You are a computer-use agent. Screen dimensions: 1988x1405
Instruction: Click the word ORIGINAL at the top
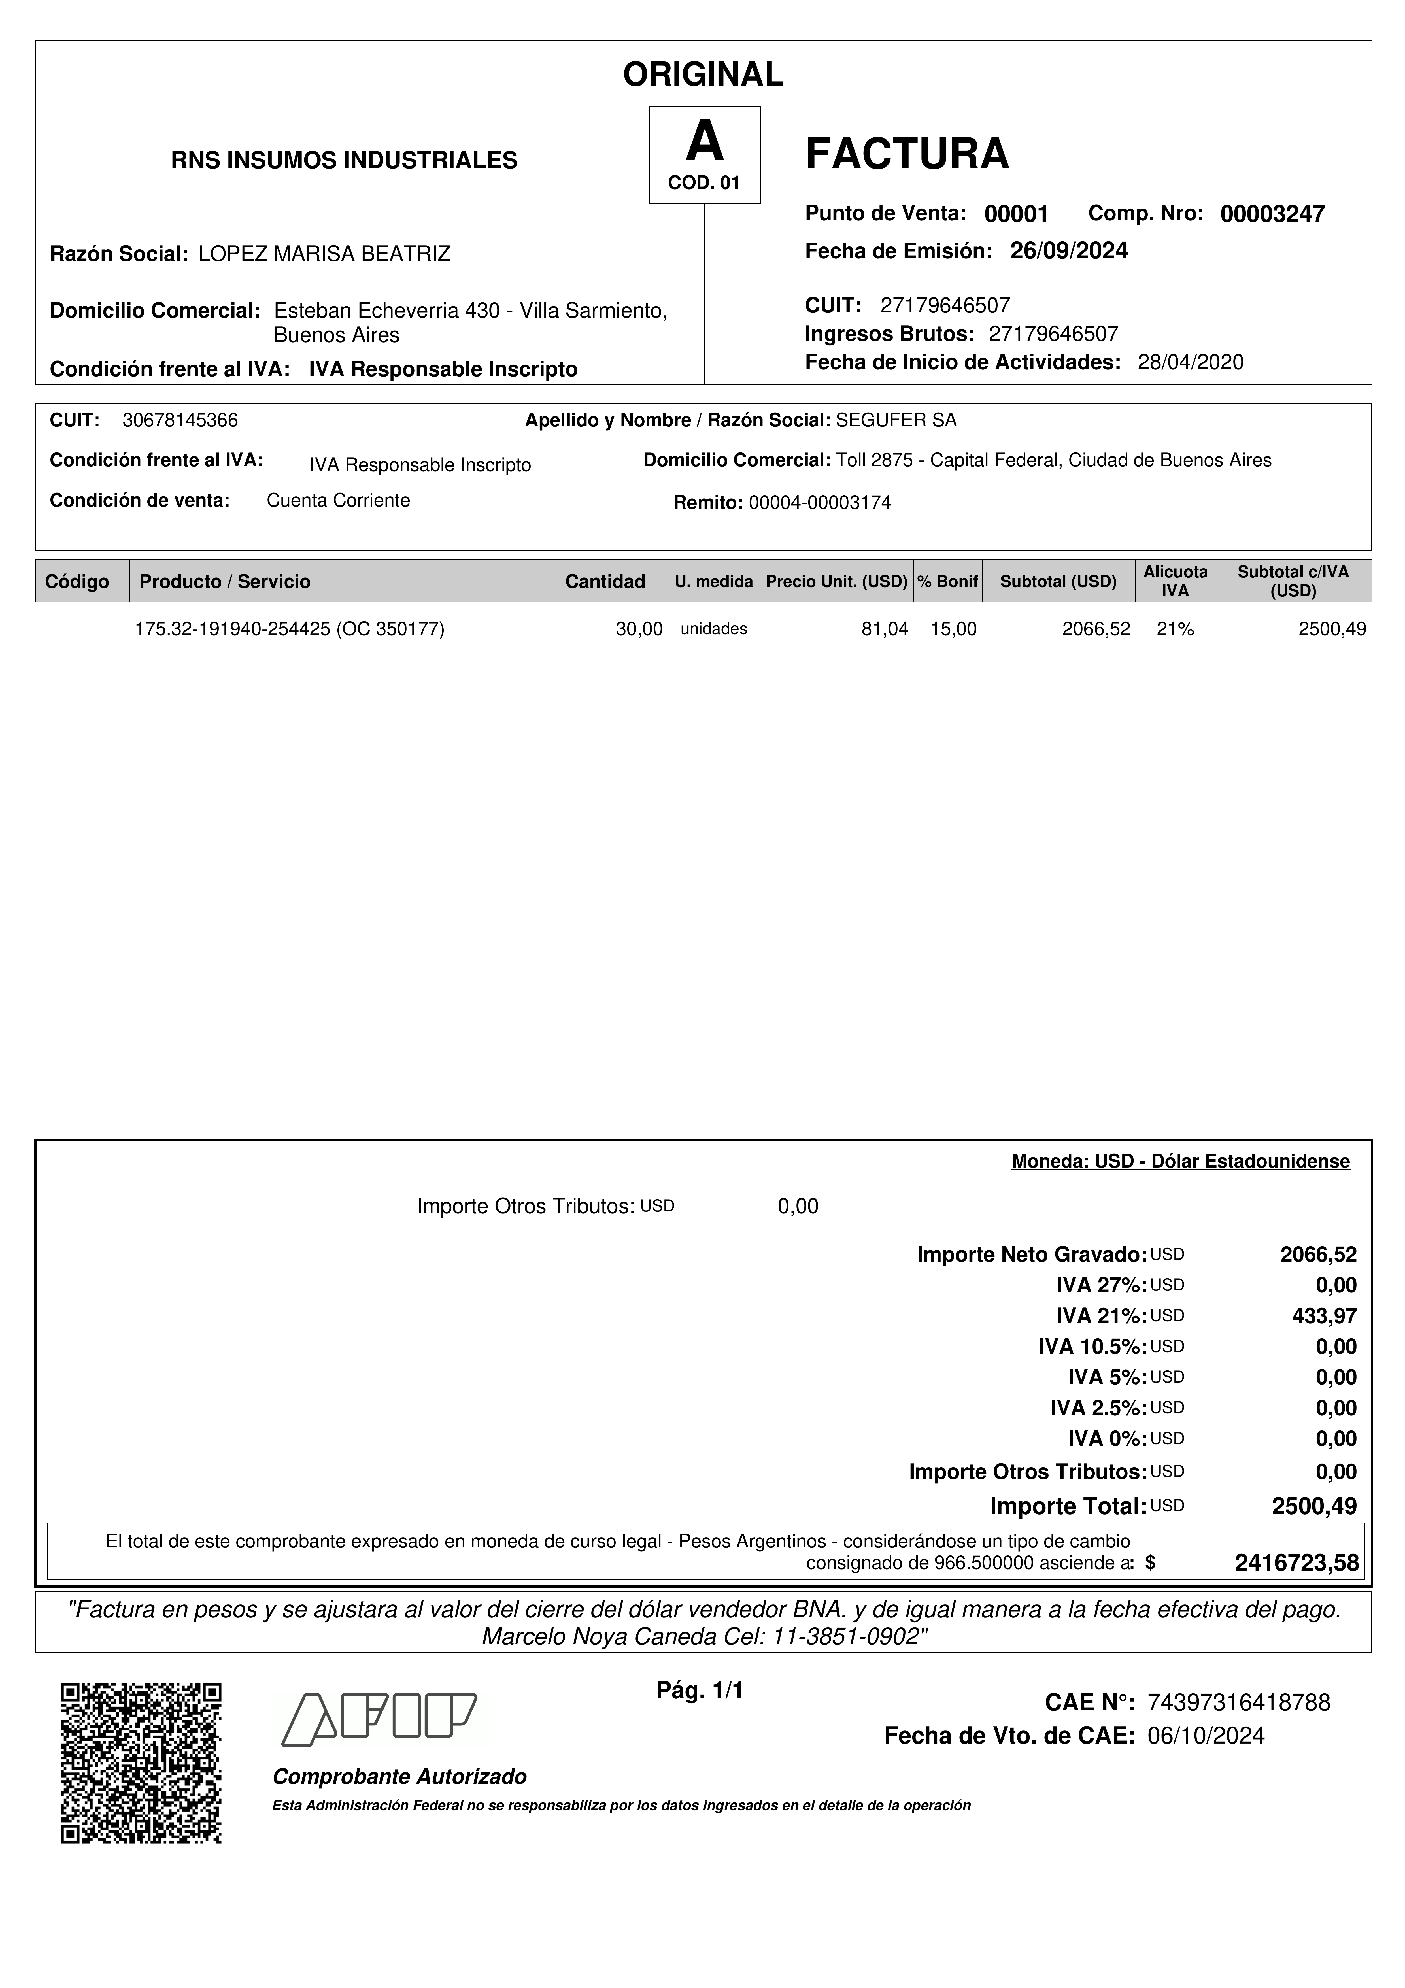pyautogui.click(x=703, y=75)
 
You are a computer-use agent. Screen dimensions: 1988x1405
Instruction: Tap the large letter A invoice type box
pyautogui.click(x=705, y=154)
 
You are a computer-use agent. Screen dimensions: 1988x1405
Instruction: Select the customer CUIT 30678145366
pyautogui.click(x=180, y=421)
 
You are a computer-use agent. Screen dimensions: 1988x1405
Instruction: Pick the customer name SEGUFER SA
pyautogui.click(x=896, y=421)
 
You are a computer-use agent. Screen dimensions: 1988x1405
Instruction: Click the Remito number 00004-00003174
pyautogui.click(x=819, y=503)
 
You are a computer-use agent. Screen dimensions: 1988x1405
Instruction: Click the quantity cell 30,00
pyautogui.click(x=639, y=630)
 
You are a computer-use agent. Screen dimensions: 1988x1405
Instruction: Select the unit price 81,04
pyautogui.click(x=885, y=630)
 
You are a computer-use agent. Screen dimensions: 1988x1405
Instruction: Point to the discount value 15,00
pyautogui.click(x=953, y=630)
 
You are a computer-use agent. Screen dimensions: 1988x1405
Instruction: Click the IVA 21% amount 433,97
pyautogui.click(x=1325, y=1316)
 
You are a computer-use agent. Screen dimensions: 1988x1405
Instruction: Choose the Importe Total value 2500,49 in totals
pyautogui.click(x=1314, y=1507)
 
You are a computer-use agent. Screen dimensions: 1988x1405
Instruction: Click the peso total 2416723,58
pyautogui.click(x=1297, y=1563)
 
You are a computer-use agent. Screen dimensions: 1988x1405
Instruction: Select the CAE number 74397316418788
pyautogui.click(x=1238, y=1702)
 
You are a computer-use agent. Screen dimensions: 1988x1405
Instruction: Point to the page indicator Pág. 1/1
pyautogui.click(x=700, y=1690)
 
